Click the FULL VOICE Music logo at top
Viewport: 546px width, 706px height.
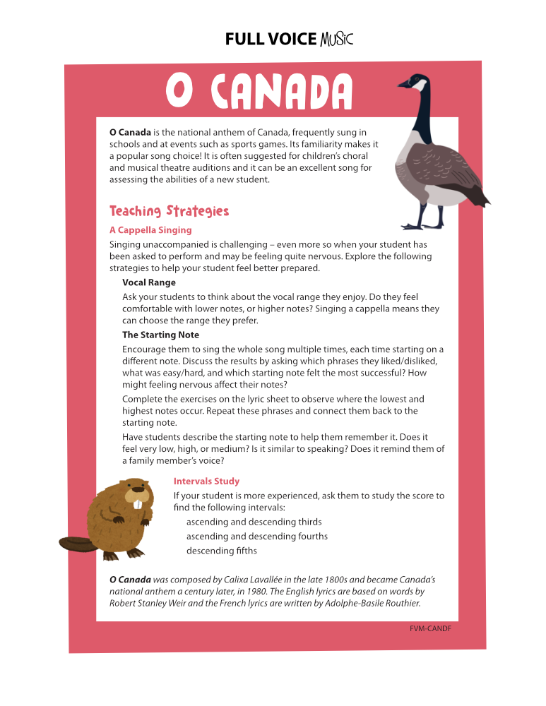[288, 40]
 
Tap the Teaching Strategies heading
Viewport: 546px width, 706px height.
[170, 211]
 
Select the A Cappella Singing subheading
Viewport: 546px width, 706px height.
[150, 230]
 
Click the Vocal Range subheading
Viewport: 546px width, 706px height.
[149, 282]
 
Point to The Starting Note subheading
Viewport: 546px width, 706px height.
[160, 335]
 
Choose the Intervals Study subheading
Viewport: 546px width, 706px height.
[206, 481]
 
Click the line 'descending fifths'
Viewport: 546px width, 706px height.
[222, 551]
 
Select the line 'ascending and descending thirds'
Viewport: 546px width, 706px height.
[254, 522]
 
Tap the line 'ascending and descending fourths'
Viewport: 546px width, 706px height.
[257, 537]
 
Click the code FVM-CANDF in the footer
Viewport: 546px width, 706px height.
[430, 628]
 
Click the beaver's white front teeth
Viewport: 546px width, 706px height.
[138, 504]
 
